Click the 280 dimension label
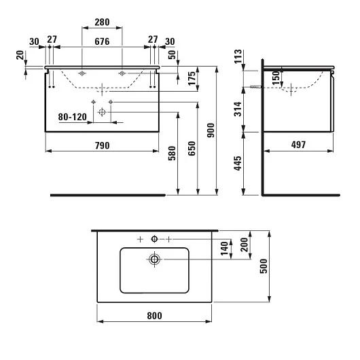[102, 22]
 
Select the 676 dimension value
[102, 41]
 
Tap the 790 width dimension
[102, 145]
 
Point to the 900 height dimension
[211, 130]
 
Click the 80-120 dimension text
[73, 117]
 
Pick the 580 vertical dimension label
[172, 153]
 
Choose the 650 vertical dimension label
[192, 149]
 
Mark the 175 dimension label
[192, 79]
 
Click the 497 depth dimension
[298, 145]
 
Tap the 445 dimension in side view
[238, 163]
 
